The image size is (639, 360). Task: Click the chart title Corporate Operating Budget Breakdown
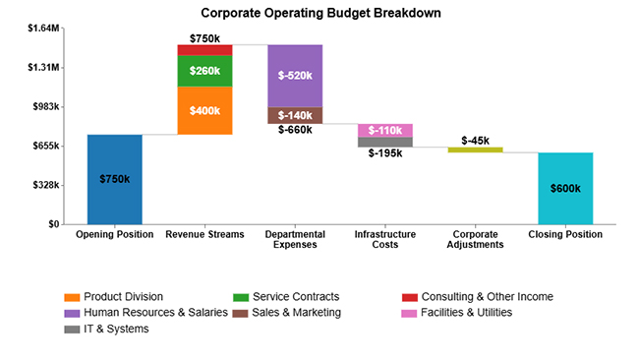[x=320, y=14]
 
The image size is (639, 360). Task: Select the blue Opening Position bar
[x=114, y=179]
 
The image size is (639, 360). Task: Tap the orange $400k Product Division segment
[x=204, y=110]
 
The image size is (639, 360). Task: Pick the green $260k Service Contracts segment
[x=204, y=71]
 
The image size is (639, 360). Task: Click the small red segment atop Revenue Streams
[x=204, y=50]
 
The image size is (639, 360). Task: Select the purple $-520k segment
[x=295, y=76]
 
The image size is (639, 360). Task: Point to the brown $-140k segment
[x=295, y=115]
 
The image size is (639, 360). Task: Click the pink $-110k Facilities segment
[x=385, y=130]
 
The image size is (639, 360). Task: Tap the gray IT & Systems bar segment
[x=385, y=142]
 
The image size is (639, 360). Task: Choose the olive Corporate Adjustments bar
[x=475, y=150]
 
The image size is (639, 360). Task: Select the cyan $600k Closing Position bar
[x=565, y=188]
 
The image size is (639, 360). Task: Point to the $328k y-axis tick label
[x=44, y=185]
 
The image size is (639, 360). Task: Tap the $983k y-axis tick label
[x=44, y=106]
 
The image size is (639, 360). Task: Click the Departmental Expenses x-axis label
[x=295, y=239]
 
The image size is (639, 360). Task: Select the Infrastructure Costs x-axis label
[x=385, y=239]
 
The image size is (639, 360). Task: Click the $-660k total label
[x=295, y=129]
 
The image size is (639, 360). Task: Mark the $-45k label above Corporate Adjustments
[x=476, y=141]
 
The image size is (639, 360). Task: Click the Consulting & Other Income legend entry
[x=478, y=296]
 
